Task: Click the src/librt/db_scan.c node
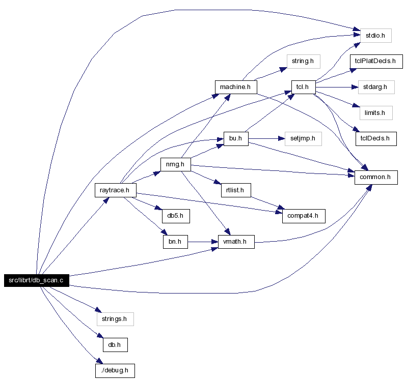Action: pyautogui.click(x=37, y=280)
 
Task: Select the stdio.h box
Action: pyautogui.click(x=376, y=36)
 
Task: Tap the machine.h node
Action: pyautogui.click(x=236, y=87)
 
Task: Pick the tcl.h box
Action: pyautogui.click(x=304, y=87)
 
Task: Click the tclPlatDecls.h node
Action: pyautogui.click(x=376, y=62)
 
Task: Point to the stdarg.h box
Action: pyautogui.click(x=376, y=87)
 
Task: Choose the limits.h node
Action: pyautogui.click(x=376, y=113)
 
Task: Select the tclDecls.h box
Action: pyautogui.click(x=376, y=139)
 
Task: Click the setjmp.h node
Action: pyautogui.click(x=303, y=139)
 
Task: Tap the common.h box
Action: pyautogui.click(x=376, y=178)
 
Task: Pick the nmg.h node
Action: pyautogui.click(x=176, y=165)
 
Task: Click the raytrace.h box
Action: pyautogui.click(x=116, y=190)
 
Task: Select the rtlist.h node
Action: pyautogui.click(x=236, y=190)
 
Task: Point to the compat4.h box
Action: pyautogui.click(x=304, y=216)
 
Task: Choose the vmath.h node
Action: pyautogui.click(x=236, y=242)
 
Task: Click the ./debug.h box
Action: pyautogui.click(x=115, y=371)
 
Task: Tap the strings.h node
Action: pyautogui.click(x=115, y=319)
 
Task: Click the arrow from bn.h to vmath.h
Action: pyautogui.click(x=203, y=242)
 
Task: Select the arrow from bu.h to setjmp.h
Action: pyautogui.click(x=266, y=139)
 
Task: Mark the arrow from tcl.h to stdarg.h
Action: pyautogui.click(x=337, y=87)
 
